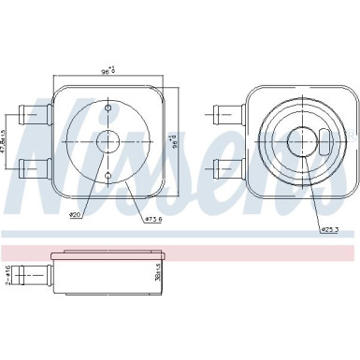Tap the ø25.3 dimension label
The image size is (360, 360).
pyautogui.click(x=330, y=229)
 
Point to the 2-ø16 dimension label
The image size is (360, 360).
pyautogui.click(x=7, y=275)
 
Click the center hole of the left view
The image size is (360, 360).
pyautogui.click(x=108, y=143)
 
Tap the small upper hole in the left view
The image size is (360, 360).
pyautogui.click(x=108, y=112)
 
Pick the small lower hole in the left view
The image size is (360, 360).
pyautogui.click(x=108, y=175)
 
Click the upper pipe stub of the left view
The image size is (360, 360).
pyautogui.click(x=36, y=115)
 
